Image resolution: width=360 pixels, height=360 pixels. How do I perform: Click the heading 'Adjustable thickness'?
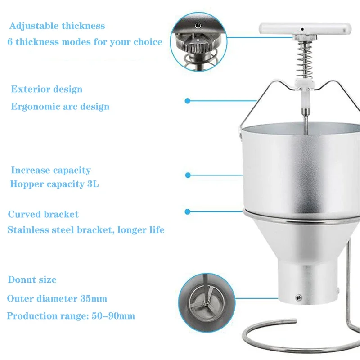[57, 26]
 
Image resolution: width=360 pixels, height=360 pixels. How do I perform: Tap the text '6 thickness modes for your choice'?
[85, 42]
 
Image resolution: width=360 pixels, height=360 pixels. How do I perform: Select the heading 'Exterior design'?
[47, 89]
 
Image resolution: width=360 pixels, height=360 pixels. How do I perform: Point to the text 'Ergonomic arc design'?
[60, 107]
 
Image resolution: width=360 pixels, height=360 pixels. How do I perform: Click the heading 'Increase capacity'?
[51, 171]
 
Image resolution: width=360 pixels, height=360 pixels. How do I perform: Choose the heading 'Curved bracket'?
[43, 214]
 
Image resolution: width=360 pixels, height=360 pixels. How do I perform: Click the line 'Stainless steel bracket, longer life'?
[86, 230]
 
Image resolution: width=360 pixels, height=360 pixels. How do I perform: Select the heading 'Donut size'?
[32, 279]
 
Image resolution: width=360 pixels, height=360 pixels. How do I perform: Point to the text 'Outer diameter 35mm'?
[57, 298]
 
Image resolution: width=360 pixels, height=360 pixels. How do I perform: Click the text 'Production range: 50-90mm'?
[71, 316]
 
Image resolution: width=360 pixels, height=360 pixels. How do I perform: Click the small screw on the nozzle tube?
[297, 297]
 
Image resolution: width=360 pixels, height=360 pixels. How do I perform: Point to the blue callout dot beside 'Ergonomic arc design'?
[188, 100]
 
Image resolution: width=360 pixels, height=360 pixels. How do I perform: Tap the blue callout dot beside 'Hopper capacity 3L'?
[188, 175]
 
